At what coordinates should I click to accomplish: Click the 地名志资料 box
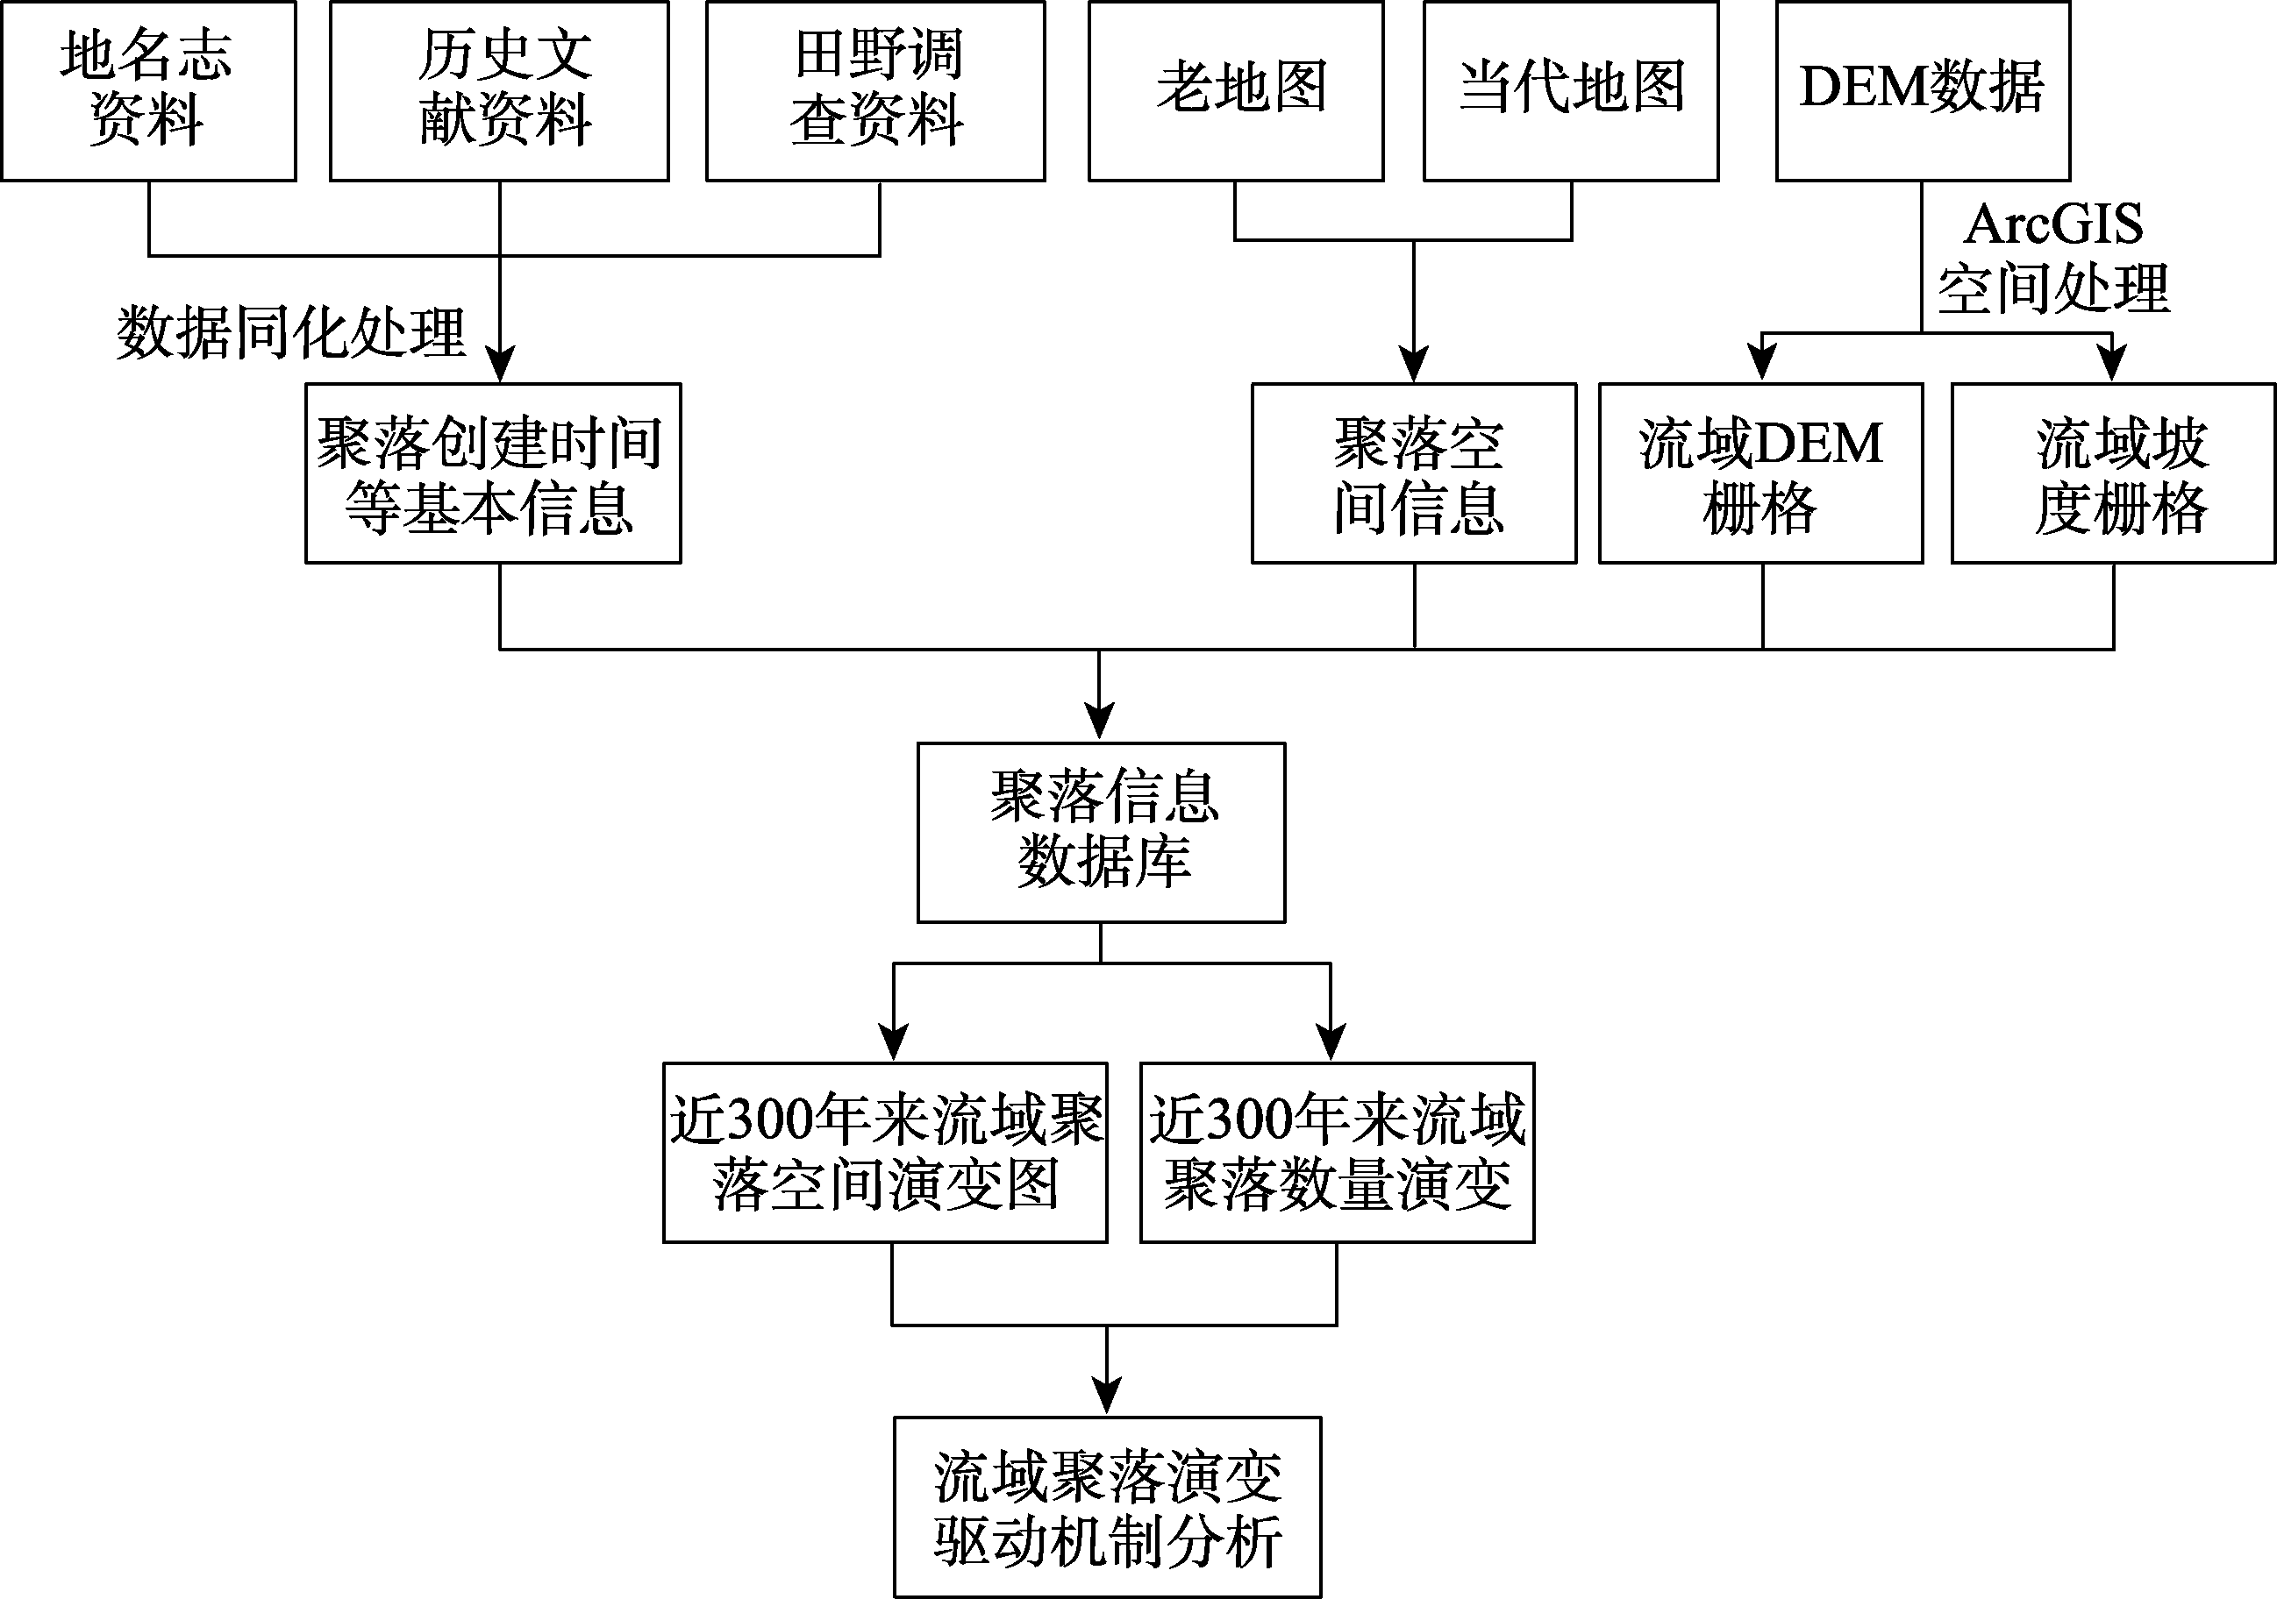pyautogui.click(x=149, y=90)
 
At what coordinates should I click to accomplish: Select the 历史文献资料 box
pyautogui.click(x=500, y=90)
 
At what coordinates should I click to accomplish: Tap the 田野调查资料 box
pyautogui.click(x=875, y=90)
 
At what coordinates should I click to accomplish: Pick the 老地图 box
pyautogui.click(x=1236, y=90)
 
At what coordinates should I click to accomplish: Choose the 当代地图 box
pyautogui.click(x=1571, y=90)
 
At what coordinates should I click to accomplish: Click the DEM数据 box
pyautogui.click(x=1923, y=90)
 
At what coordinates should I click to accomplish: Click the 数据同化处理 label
pyautogui.click(x=290, y=332)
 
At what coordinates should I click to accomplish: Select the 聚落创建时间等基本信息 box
pyautogui.click(x=493, y=474)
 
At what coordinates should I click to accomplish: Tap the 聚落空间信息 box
pyautogui.click(x=1414, y=474)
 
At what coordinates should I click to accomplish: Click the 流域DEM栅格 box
pyautogui.click(x=1761, y=474)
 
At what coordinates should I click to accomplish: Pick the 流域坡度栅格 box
pyautogui.click(x=2113, y=474)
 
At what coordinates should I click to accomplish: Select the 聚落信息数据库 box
pyautogui.click(x=1102, y=833)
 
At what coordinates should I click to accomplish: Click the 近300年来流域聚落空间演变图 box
pyautogui.click(x=886, y=1153)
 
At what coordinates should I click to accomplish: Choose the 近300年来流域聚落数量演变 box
pyautogui.click(x=1338, y=1153)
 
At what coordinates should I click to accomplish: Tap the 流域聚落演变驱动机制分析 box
pyautogui.click(x=1108, y=1507)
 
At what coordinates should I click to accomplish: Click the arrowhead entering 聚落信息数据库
pyautogui.click(x=1099, y=722)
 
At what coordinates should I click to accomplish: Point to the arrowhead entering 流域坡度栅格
pyautogui.click(x=2112, y=364)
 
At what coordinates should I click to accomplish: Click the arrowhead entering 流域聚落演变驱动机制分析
pyautogui.click(x=1107, y=1396)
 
